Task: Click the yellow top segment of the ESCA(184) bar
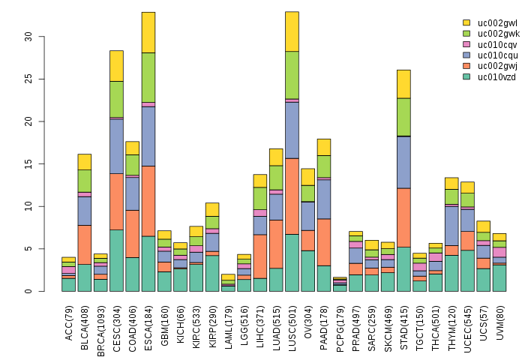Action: [x=148, y=32]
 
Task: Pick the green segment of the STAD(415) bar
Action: [x=403, y=117]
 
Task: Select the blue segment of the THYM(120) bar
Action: [x=451, y=224]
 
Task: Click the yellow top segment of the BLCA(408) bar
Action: [x=84, y=161]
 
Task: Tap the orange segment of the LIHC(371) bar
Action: [x=259, y=256]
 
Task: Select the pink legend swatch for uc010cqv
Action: [x=466, y=44]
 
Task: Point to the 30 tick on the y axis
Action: [x=28, y=36]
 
